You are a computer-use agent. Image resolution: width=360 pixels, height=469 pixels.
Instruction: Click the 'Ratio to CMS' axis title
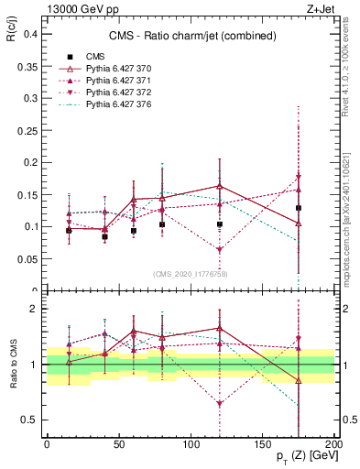click(x=13, y=365)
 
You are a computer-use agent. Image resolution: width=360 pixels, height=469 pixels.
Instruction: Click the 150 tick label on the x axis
click(x=262, y=443)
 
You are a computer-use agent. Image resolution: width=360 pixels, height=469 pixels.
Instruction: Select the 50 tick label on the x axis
click(x=119, y=443)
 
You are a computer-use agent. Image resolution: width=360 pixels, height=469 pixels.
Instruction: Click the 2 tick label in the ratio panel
click(x=33, y=309)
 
